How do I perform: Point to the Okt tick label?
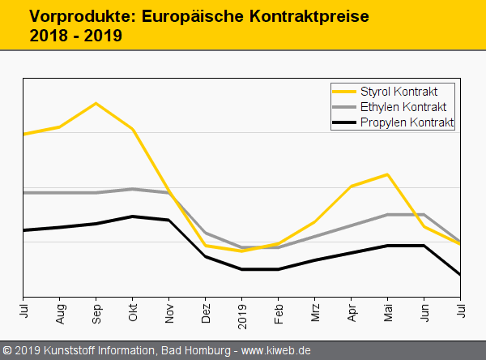click(x=133, y=313)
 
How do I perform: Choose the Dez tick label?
click(x=206, y=313)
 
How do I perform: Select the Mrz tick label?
click(x=315, y=313)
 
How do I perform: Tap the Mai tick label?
click(x=388, y=313)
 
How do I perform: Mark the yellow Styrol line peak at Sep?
click(x=96, y=103)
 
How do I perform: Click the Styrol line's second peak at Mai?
click(x=388, y=174)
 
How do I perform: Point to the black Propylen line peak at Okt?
click(x=133, y=216)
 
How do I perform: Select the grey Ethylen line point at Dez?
click(x=206, y=233)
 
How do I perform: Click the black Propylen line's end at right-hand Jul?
click(x=460, y=275)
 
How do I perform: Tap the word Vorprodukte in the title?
click(x=74, y=16)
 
